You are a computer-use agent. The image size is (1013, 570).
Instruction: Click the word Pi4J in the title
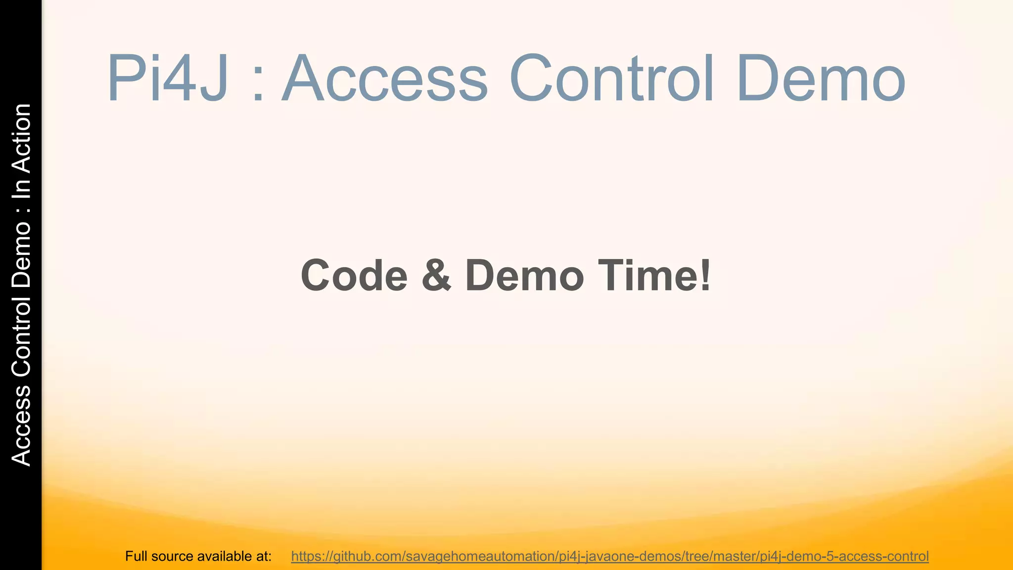pos(168,79)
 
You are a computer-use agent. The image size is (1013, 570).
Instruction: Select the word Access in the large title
pos(385,79)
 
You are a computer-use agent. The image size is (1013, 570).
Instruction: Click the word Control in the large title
pos(612,79)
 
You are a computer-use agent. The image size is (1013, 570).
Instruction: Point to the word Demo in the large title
pos(821,79)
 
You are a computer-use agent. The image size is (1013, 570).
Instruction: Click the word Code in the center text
pos(354,276)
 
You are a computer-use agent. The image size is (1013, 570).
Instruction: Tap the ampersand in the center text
pos(436,276)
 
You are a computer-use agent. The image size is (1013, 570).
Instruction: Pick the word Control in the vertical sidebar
pos(22,336)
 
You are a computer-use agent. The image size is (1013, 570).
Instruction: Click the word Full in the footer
pos(137,556)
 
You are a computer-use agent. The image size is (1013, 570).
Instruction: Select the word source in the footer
pos(173,556)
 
